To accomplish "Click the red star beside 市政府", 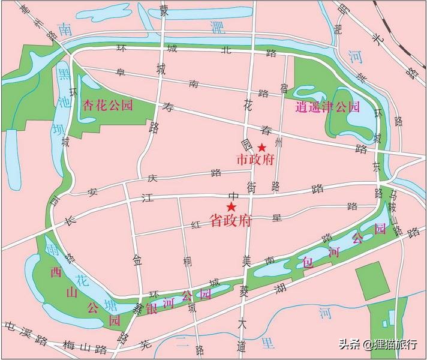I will pos(261,148).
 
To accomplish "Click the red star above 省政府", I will pos(231,207).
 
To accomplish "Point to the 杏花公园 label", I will pos(108,104).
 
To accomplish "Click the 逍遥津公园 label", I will pos(327,108).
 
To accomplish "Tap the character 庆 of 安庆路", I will pos(152,178).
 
